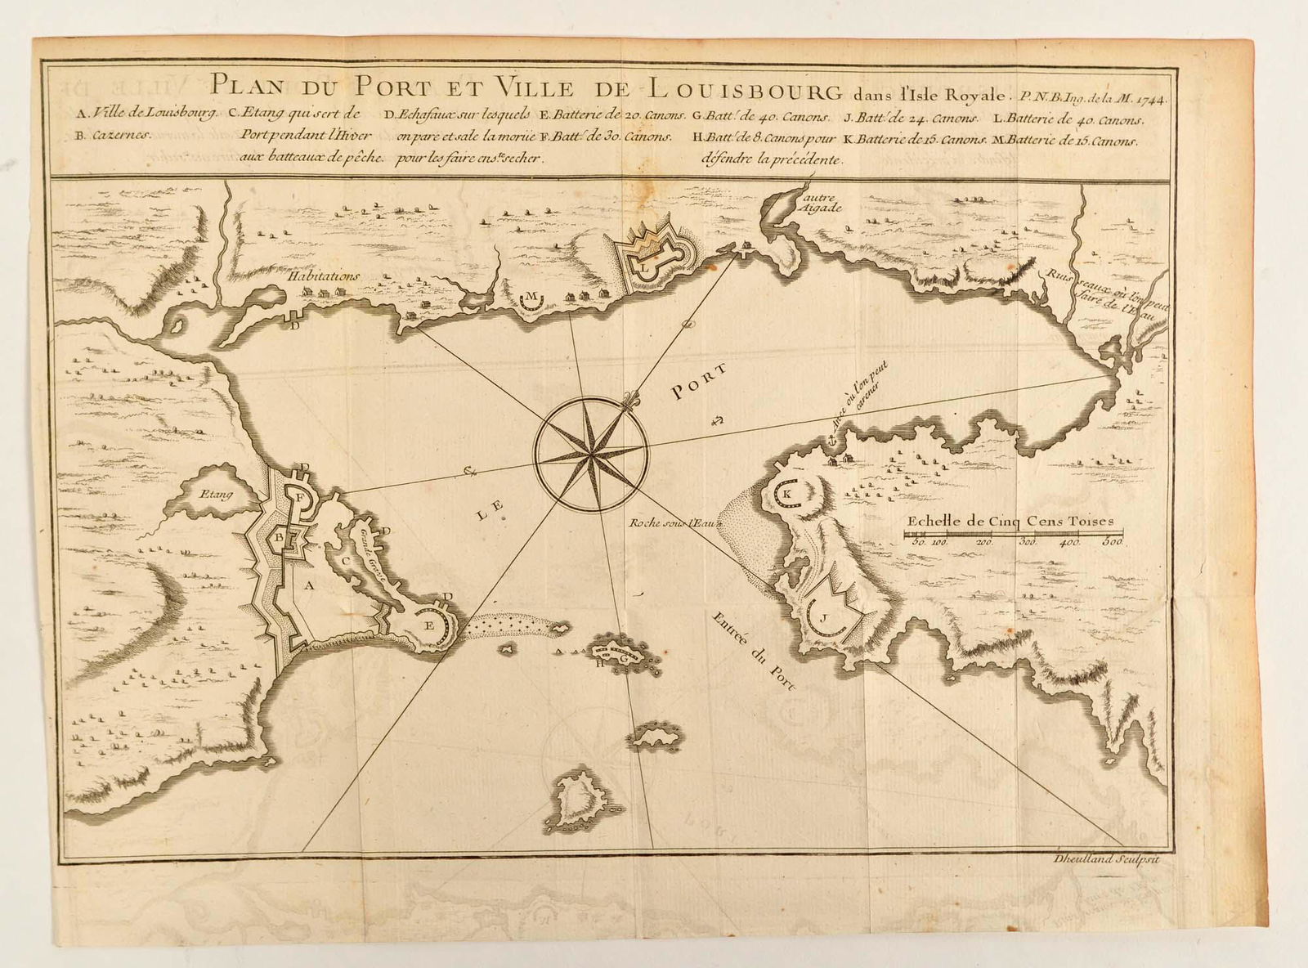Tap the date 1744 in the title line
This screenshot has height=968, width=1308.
(x=1150, y=95)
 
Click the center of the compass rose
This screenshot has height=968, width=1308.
(x=590, y=449)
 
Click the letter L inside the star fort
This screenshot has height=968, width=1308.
(x=645, y=266)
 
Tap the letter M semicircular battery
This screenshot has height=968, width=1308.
(x=532, y=295)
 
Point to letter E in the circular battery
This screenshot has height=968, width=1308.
(x=428, y=623)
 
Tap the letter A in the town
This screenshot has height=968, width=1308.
(x=309, y=585)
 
